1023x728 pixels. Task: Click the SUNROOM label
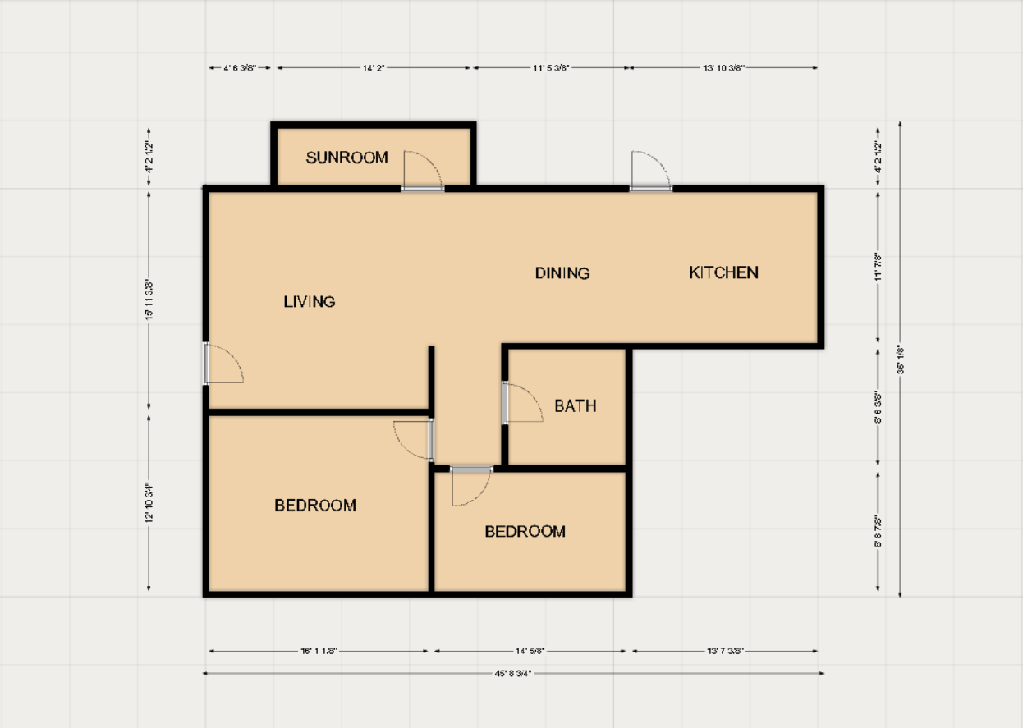click(346, 158)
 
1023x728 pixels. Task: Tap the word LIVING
click(310, 302)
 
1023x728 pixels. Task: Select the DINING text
click(562, 273)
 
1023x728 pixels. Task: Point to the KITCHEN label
click(723, 272)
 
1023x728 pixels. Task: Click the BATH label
click(575, 406)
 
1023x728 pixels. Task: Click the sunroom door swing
click(424, 171)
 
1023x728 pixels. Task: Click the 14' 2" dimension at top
click(374, 68)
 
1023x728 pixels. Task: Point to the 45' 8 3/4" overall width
click(513, 673)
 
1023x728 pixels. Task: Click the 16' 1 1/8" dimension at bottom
click(319, 651)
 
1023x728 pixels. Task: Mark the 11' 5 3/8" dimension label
click(550, 68)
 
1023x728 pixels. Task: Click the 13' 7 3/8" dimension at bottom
click(724, 651)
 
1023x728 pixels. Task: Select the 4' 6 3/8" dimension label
click(240, 68)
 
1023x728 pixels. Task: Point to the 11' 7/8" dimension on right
click(878, 267)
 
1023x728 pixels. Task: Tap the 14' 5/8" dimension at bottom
click(530, 651)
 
